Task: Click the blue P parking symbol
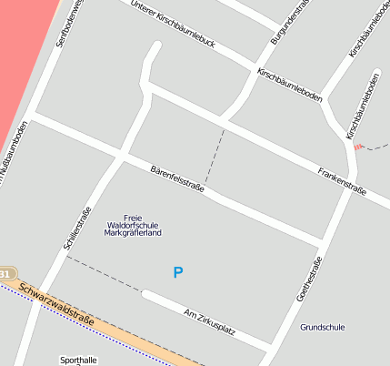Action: (178, 272)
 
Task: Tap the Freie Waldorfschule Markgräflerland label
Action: (134, 225)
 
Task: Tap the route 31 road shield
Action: (5, 273)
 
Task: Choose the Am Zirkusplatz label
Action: (209, 321)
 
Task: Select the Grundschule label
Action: (323, 327)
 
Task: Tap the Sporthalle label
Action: (77, 361)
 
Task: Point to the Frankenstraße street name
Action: (342, 180)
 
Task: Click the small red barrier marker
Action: (358, 146)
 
